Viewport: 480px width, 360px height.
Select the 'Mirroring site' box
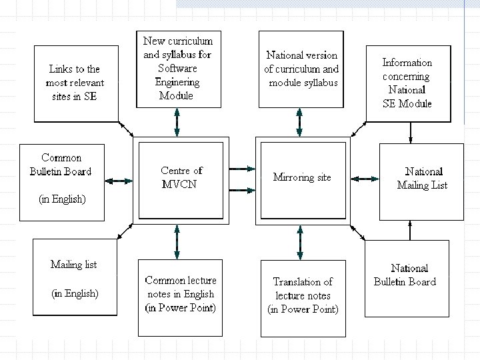tap(303, 179)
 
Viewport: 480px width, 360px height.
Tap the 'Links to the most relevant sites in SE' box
tap(75, 83)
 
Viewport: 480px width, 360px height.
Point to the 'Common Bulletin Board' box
tap(61, 181)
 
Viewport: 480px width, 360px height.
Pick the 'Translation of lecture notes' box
tap(303, 296)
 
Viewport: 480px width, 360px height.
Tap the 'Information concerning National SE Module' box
tap(407, 83)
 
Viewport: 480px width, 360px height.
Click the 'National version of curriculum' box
tap(303, 69)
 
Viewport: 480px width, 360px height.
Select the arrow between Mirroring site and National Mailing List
tap(364, 179)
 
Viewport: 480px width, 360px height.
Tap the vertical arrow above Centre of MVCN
tap(177, 122)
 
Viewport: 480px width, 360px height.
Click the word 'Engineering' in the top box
tap(177, 83)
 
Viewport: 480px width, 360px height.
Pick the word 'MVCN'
tap(181, 185)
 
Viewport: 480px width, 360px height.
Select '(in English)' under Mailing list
tap(75, 293)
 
